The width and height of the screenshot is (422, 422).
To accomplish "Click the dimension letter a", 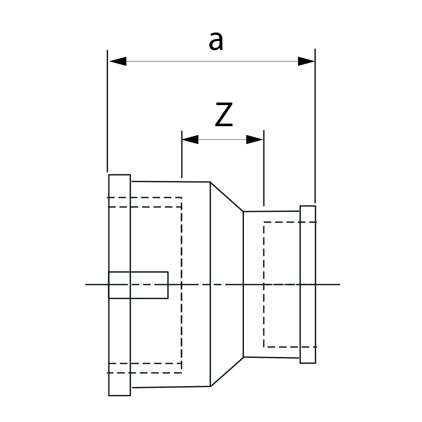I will click(216, 41).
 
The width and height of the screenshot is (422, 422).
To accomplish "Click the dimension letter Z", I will click(224, 115).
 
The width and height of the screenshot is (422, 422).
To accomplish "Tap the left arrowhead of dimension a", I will click(118, 61).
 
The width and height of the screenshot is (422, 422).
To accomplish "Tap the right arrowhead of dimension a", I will click(306, 61).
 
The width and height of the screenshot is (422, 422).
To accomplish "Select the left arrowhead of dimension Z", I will click(190, 139).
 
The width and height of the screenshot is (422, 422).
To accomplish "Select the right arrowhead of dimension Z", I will click(255, 139).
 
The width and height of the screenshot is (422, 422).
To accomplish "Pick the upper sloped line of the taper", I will click(227, 197).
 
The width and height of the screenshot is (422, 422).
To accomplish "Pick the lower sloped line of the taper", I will click(227, 372).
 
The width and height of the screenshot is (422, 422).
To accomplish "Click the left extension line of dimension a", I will click(108, 110).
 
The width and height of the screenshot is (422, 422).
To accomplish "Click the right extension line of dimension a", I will click(315, 127).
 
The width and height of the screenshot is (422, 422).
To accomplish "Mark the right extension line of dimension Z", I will click(264, 169).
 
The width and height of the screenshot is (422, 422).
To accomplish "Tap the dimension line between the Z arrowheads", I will click(222, 139).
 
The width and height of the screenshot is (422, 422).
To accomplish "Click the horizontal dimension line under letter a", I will click(211, 61).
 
